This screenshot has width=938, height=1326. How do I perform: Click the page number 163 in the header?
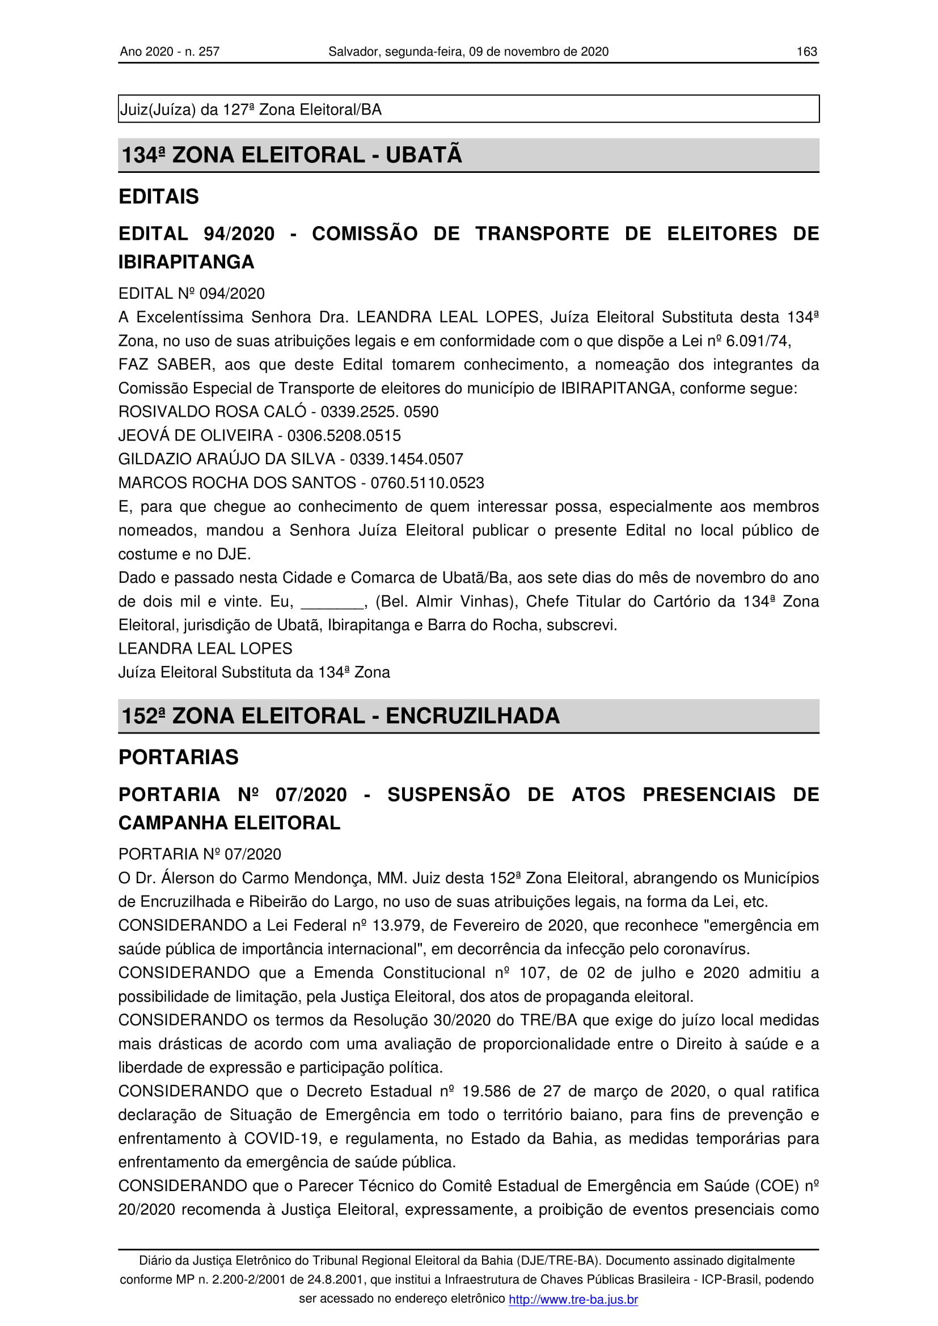tap(806, 52)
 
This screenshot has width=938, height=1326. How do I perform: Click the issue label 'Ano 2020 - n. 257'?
tap(169, 52)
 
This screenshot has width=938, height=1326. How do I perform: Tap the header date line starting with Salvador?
tap(468, 52)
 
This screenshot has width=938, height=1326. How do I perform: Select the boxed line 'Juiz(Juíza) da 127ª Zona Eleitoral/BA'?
tap(251, 109)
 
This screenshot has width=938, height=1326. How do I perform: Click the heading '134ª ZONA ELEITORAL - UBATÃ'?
tap(291, 155)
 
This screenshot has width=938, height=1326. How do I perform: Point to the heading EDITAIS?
tap(158, 196)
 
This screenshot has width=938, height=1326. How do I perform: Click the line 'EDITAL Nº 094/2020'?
tap(191, 294)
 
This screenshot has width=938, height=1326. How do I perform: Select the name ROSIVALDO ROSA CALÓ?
tap(212, 412)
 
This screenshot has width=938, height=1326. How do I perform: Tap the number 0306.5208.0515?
tap(344, 435)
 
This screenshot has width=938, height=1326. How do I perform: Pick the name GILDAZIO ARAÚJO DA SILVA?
tap(226, 459)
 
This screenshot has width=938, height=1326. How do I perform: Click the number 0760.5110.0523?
tap(427, 483)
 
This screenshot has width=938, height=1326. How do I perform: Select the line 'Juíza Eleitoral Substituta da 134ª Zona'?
tap(254, 672)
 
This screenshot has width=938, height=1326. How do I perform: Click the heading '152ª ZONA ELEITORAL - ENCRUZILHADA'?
tap(340, 715)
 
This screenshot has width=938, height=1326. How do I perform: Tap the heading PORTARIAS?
tap(178, 757)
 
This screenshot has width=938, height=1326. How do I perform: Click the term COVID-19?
tap(282, 1138)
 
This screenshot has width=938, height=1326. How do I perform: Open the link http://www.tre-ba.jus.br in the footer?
tap(573, 1299)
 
